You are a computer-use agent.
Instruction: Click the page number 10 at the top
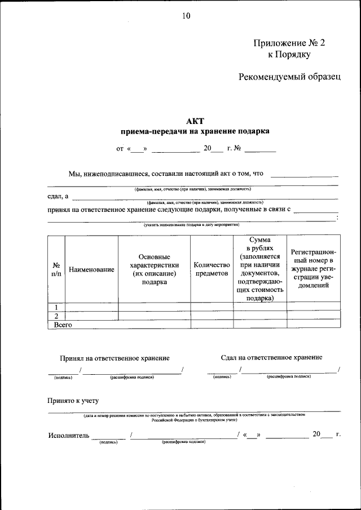pos(186,16)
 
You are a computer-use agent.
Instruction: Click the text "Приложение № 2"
pos(289,42)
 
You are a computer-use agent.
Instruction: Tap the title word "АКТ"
pos(195,121)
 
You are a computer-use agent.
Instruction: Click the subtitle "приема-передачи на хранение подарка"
pos(195,131)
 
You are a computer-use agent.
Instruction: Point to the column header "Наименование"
pos(91,270)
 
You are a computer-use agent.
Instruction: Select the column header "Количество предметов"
pos(212,269)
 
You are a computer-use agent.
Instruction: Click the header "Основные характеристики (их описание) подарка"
pos(154,269)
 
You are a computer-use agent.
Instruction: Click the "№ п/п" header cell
pos(56,269)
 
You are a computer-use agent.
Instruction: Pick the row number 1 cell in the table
pos(56,307)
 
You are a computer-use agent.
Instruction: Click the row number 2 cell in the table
pos(56,316)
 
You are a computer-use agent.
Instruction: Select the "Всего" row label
pos(63,325)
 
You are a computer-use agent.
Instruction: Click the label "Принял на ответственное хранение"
pos(115,358)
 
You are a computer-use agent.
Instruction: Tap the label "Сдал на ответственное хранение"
pos(272,357)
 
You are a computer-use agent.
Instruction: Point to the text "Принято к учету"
pos(73,401)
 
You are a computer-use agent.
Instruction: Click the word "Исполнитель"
pos(68,434)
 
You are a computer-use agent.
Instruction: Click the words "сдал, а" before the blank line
pos(58,196)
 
